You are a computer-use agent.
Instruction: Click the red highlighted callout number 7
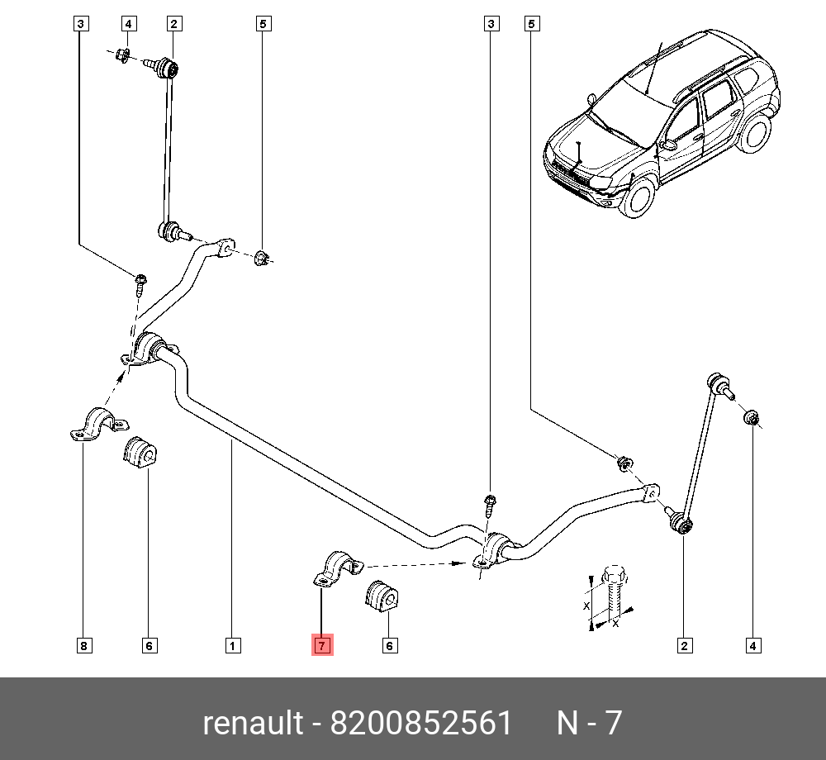tap(322, 645)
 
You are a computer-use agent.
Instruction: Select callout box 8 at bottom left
tap(83, 645)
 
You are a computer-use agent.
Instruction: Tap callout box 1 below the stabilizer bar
tap(233, 645)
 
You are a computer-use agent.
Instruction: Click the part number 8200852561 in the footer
tap(421, 723)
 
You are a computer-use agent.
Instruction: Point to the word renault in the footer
tap(253, 723)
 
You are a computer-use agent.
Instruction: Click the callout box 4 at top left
tap(129, 24)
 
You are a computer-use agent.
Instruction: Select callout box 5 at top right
tap(532, 24)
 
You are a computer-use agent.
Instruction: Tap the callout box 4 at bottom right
tap(752, 645)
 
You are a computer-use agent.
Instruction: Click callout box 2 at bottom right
tap(684, 645)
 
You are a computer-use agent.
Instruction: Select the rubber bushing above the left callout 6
tap(140, 454)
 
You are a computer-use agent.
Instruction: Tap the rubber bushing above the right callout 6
tap(382, 596)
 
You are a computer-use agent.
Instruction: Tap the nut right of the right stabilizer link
tap(752, 418)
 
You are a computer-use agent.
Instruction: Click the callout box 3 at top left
tap(79, 24)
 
